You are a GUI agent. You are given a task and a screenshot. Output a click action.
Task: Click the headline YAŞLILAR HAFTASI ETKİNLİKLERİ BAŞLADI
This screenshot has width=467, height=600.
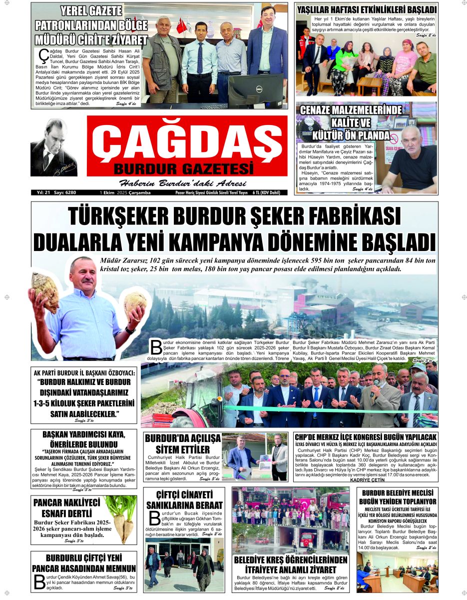point(366,9)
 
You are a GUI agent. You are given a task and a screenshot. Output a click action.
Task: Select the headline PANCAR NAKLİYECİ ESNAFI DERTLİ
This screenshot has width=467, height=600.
point(66,508)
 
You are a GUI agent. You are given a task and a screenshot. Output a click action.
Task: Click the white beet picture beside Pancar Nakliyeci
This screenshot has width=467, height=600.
point(120,518)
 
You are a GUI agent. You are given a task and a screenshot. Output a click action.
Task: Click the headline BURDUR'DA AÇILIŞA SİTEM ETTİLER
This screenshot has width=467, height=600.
point(182,443)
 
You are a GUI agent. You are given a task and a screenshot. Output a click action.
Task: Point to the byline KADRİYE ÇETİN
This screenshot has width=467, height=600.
point(367,480)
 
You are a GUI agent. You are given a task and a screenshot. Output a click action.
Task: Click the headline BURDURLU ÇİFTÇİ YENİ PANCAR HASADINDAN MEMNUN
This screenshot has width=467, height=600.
point(84,563)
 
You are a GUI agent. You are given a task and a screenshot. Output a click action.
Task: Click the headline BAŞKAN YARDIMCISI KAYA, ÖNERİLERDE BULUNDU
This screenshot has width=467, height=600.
point(83,439)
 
